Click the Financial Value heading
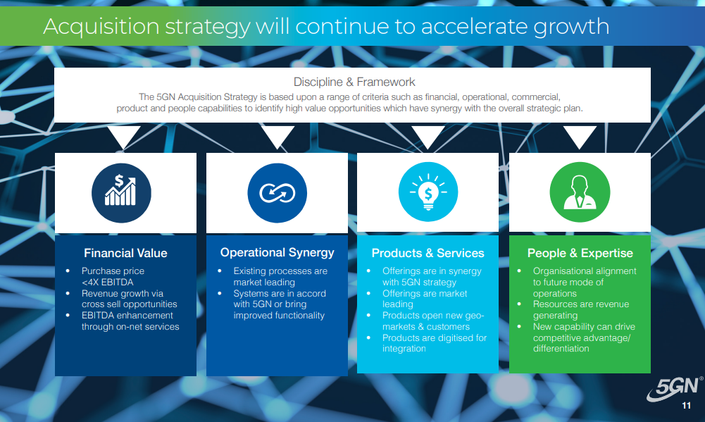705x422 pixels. click(x=125, y=254)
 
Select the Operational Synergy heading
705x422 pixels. click(x=277, y=253)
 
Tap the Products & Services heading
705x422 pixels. click(x=428, y=254)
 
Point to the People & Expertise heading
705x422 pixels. click(x=580, y=254)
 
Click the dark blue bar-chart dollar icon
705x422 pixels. click(x=121, y=193)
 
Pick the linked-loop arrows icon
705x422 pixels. click(x=277, y=193)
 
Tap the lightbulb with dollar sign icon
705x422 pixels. click(x=428, y=192)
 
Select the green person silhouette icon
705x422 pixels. click(x=580, y=192)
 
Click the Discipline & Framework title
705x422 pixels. click(x=354, y=82)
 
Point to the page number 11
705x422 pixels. click(x=686, y=405)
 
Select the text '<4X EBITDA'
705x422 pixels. click(x=108, y=282)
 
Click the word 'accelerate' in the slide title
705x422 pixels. click(x=474, y=26)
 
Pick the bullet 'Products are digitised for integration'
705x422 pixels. click(x=435, y=343)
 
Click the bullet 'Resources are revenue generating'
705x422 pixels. click(x=581, y=309)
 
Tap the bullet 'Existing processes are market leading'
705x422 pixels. click(x=280, y=277)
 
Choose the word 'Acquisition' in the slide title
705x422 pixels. click(x=101, y=27)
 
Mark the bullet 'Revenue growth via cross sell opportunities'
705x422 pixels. click(x=129, y=299)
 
